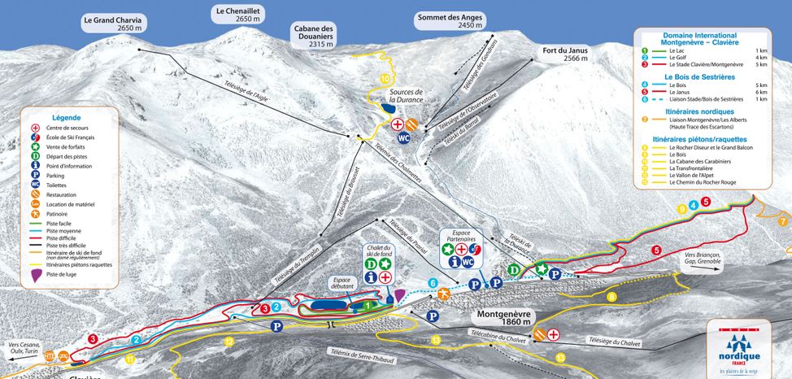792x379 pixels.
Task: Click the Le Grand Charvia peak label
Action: coord(112,23)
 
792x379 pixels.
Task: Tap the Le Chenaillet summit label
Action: coord(237,15)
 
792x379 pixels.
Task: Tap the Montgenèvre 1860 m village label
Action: coord(503,317)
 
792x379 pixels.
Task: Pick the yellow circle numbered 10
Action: coord(385,79)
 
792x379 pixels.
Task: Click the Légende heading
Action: coord(67,117)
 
